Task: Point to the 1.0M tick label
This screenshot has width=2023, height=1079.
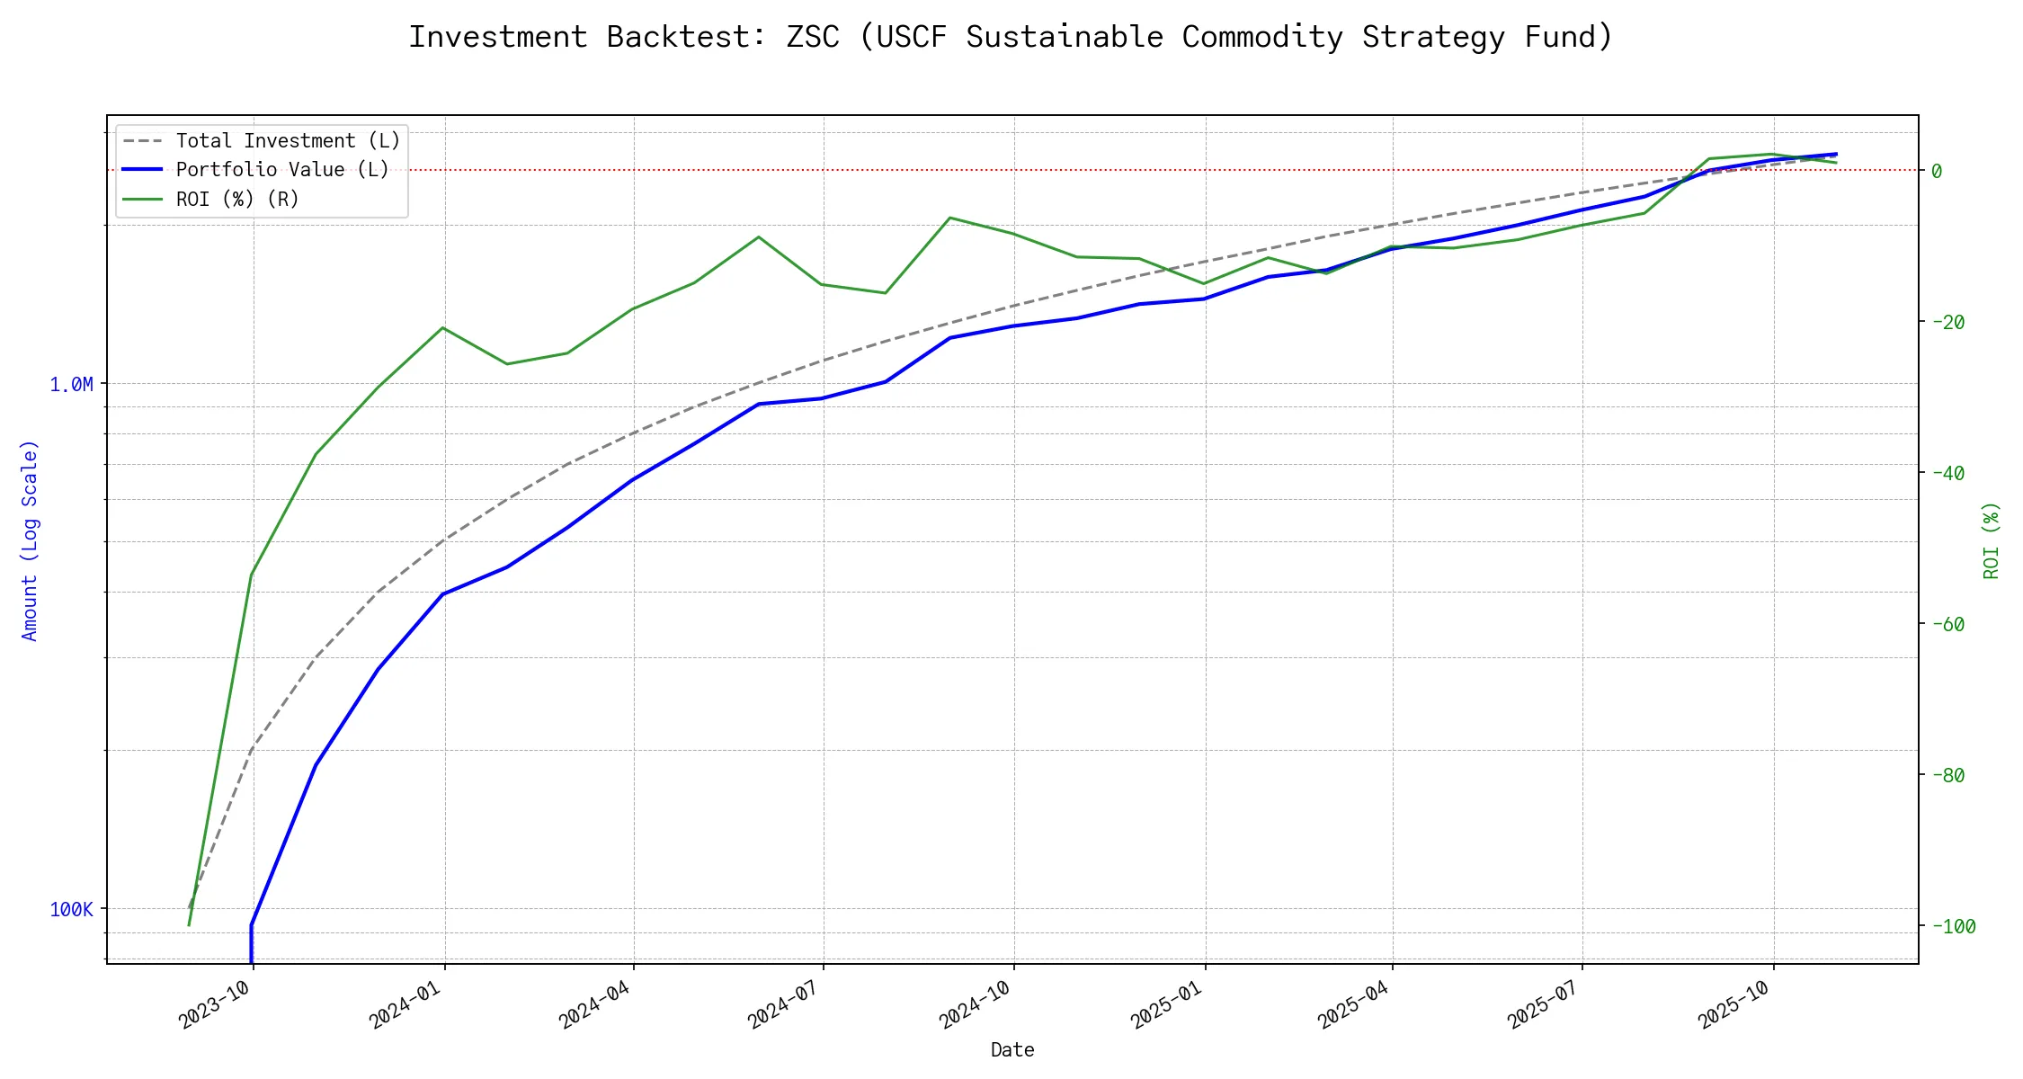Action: [x=71, y=385]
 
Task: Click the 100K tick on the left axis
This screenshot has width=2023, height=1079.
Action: [x=71, y=910]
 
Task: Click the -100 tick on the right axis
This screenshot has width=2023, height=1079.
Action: [x=1953, y=926]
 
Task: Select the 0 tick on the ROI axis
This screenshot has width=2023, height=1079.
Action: [x=1937, y=171]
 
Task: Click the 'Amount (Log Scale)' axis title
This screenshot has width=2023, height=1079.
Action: [x=30, y=539]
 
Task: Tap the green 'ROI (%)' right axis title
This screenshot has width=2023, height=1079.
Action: [x=1992, y=539]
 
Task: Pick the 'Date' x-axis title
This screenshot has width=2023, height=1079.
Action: [x=1012, y=1050]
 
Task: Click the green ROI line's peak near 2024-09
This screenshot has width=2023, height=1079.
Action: [x=950, y=218]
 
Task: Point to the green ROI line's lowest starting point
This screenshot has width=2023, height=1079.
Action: [x=189, y=924]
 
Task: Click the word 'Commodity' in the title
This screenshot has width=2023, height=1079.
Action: [x=1262, y=37]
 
